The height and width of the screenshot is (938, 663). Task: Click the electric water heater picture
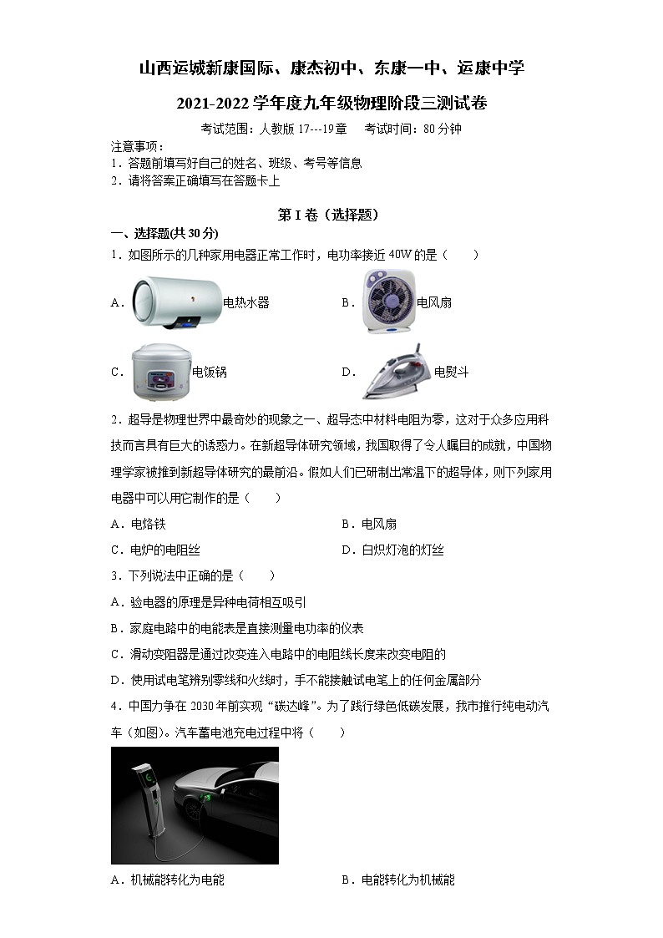tap(176, 303)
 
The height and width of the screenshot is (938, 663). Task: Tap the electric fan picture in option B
tap(387, 302)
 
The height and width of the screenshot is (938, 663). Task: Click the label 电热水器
tap(246, 303)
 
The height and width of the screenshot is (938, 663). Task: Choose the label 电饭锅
tap(209, 373)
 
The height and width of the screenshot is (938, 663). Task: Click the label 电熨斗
tap(451, 373)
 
